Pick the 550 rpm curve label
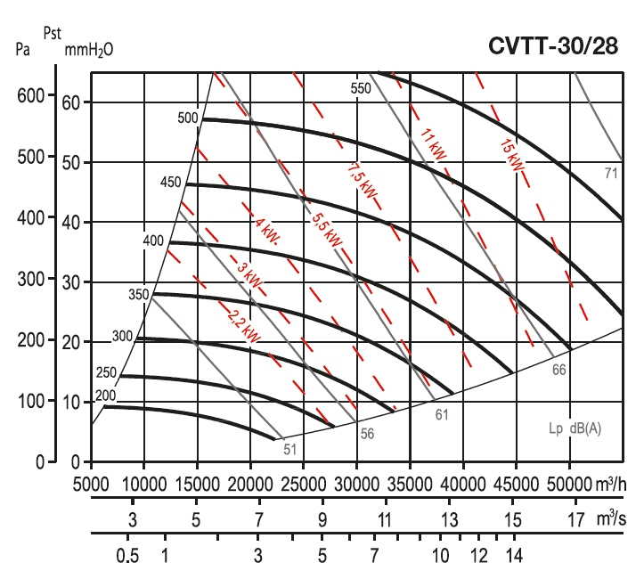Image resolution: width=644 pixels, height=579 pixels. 361,88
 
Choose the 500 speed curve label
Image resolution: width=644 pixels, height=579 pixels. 188,118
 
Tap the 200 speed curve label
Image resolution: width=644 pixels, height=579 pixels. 106,396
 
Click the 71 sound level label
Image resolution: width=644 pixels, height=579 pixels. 611,173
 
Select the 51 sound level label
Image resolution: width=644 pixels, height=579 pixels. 289,449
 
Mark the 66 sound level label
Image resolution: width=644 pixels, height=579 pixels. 558,368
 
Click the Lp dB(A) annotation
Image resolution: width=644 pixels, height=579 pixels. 575,428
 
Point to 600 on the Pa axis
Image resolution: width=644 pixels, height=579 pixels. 31,96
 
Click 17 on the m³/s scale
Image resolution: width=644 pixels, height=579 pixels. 575,519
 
